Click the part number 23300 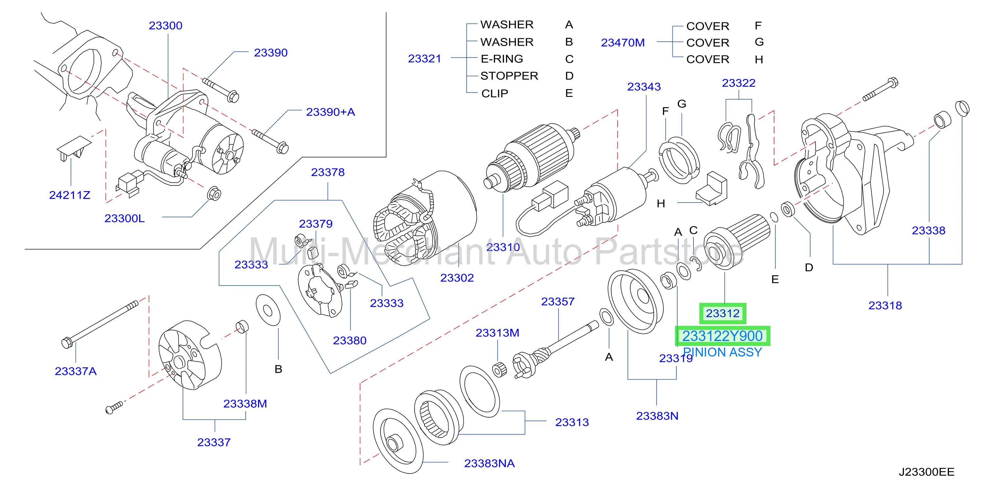(x=165, y=25)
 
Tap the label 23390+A (x=330, y=112)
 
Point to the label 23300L (x=125, y=218)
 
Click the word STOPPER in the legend (x=509, y=76)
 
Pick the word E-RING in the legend (x=502, y=59)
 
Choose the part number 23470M (x=623, y=42)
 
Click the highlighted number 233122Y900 (x=722, y=336)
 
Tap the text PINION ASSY (x=722, y=352)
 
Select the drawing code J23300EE (x=927, y=472)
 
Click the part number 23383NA (x=489, y=463)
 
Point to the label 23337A (x=76, y=371)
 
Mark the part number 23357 (x=558, y=301)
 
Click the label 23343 (x=643, y=86)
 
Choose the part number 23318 (x=885, y=305)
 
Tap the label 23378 (x=327, y=172)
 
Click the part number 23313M (x=497, y=332)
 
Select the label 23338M (x=245, y=403)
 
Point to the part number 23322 (x=739, y=83)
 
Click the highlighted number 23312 (x=722, y=313)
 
